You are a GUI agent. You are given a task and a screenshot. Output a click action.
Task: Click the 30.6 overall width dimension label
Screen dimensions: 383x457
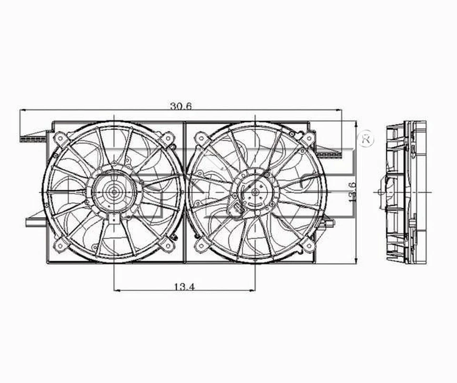point(180,106)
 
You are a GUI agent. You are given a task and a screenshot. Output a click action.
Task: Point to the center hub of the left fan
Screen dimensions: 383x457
point(114,191)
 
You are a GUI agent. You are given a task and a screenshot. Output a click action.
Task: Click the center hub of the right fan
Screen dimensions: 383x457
point(255,191)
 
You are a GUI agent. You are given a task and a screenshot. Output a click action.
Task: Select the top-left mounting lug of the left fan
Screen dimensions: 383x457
point(60,138)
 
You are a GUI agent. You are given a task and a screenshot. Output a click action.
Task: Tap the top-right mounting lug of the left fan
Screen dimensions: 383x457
point(167,138)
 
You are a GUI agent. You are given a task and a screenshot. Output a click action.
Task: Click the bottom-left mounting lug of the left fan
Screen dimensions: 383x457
point(60,245)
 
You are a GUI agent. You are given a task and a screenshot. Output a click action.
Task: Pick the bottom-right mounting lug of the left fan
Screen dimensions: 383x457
point(167,245)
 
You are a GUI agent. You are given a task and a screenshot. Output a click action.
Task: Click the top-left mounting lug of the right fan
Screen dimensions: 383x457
point(202,138)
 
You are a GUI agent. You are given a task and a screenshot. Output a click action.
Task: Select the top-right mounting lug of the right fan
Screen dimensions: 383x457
point(308,138)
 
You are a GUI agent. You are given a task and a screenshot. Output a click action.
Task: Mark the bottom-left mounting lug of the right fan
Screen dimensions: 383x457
point(202,245)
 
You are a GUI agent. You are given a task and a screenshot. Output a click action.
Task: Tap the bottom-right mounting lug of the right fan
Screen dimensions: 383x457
point(308,245)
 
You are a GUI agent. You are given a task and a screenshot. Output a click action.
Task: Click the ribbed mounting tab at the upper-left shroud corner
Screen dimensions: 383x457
point(33,139)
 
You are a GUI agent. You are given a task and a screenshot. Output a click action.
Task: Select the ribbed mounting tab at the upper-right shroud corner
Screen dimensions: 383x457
point(328,154)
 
